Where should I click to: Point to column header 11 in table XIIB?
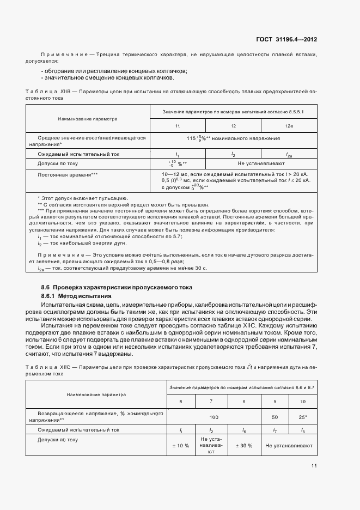coord(178,126)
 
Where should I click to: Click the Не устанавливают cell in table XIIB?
coord(261,163)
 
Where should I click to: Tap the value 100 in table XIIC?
coord(213,417)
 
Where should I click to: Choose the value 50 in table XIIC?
coord(274,417)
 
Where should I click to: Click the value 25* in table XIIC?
coord(303,417)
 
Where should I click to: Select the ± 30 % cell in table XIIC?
coord(243,445)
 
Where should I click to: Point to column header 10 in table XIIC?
coord(303,402)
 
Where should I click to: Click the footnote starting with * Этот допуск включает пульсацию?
coord(83,198)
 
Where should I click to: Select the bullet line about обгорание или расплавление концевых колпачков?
coord(114,71)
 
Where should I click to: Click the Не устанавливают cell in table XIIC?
coord(289,445)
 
